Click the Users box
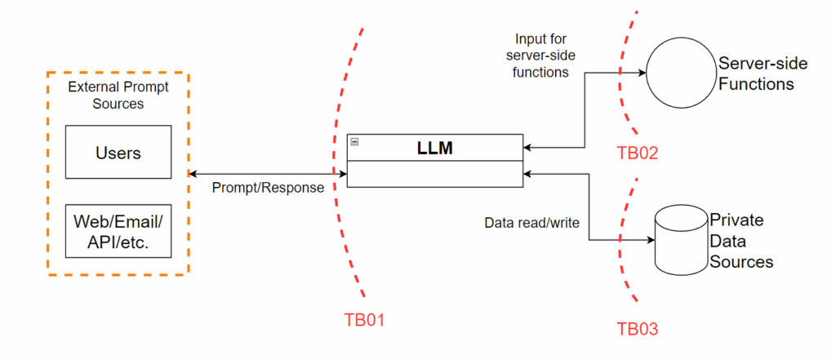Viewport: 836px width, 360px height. coord(118,153)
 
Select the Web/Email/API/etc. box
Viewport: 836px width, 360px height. coord(118,231)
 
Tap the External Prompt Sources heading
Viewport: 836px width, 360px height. coord(118,96)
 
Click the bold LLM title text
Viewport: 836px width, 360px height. coord(434,148)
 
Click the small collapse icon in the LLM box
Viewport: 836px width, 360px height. coord(355,142)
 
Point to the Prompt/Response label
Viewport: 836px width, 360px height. coord(268,188)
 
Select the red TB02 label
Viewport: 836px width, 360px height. coord(638,152)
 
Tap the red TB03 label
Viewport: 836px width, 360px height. coord(638,329)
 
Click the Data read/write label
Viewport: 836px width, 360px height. coord(532,222)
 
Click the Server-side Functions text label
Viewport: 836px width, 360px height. coord(756,73)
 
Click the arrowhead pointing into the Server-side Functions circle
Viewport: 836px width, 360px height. coord(642,73)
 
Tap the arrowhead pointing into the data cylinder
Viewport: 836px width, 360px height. coord(651,241)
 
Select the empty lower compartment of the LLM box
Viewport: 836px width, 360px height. coord(434,174)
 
